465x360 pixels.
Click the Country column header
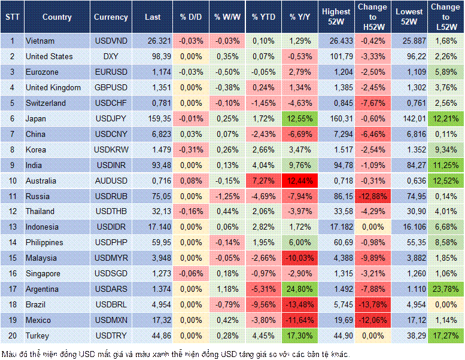pyautogui.click(x=57, y=17)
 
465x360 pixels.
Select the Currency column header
pyautogui.click(x=111, y=17)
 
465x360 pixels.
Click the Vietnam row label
pyautogui.click(x=40, y=41)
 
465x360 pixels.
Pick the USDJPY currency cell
pyautogui.click(x=111, y=118)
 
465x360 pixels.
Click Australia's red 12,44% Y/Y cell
pyautogui.click(x=300, y=181)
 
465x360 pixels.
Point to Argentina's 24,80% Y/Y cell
pyautogui.click(x=300, y=289)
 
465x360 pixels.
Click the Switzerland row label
pyautogui.click(x=45, y=103)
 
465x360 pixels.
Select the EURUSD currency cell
pyautogui.click(x=111, y=72)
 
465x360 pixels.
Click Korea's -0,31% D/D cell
pyautogui.click(x=191, y=150)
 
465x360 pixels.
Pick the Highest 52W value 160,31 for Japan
pyautogui.click(x=336, y=118)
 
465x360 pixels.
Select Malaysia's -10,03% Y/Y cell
pyautogui.click(x=300, y=258)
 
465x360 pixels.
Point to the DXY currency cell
pyautogui.click(x=111, y=56)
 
